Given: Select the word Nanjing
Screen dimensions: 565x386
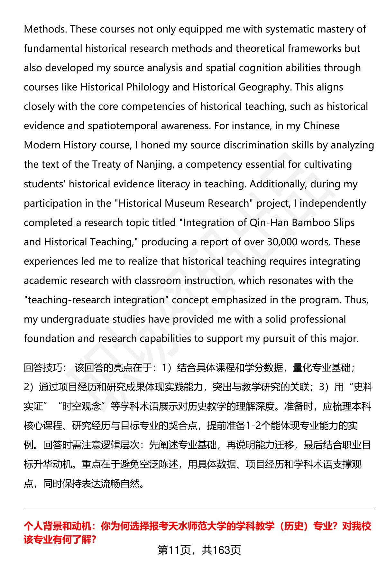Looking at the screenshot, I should (x=154, y=165).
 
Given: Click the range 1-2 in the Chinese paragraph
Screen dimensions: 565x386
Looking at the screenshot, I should (x=253, y=426).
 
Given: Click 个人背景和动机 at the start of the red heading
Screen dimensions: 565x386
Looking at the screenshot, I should (x=58, y=526).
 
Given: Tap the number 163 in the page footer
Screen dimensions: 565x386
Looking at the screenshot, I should (x=221, y=550).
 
